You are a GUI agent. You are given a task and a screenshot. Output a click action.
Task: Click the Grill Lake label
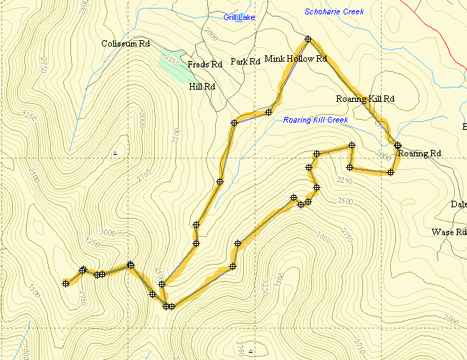239,16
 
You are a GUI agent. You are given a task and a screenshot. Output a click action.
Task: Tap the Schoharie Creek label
334,11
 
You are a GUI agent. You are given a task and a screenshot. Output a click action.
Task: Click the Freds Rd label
204,65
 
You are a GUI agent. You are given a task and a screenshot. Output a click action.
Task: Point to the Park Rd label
245,62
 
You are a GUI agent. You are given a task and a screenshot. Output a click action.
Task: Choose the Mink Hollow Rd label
296,58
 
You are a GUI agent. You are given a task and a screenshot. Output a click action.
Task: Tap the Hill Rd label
202,86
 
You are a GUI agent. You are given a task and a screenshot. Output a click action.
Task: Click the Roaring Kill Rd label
366,98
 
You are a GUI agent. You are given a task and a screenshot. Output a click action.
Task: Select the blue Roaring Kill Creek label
315,120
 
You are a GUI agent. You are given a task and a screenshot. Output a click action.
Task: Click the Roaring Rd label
420,153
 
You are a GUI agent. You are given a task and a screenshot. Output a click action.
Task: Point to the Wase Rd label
449,232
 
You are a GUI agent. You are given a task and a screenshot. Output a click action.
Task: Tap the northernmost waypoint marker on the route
308,39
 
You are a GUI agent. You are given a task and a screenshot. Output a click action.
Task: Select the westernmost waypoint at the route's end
65,283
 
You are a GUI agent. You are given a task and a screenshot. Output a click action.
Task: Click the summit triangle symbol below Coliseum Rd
115,153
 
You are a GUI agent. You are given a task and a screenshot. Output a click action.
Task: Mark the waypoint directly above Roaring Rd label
397,145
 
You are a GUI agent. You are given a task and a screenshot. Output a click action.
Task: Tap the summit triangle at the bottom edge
250,352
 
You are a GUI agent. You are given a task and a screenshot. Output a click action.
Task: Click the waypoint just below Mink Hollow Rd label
269,111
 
